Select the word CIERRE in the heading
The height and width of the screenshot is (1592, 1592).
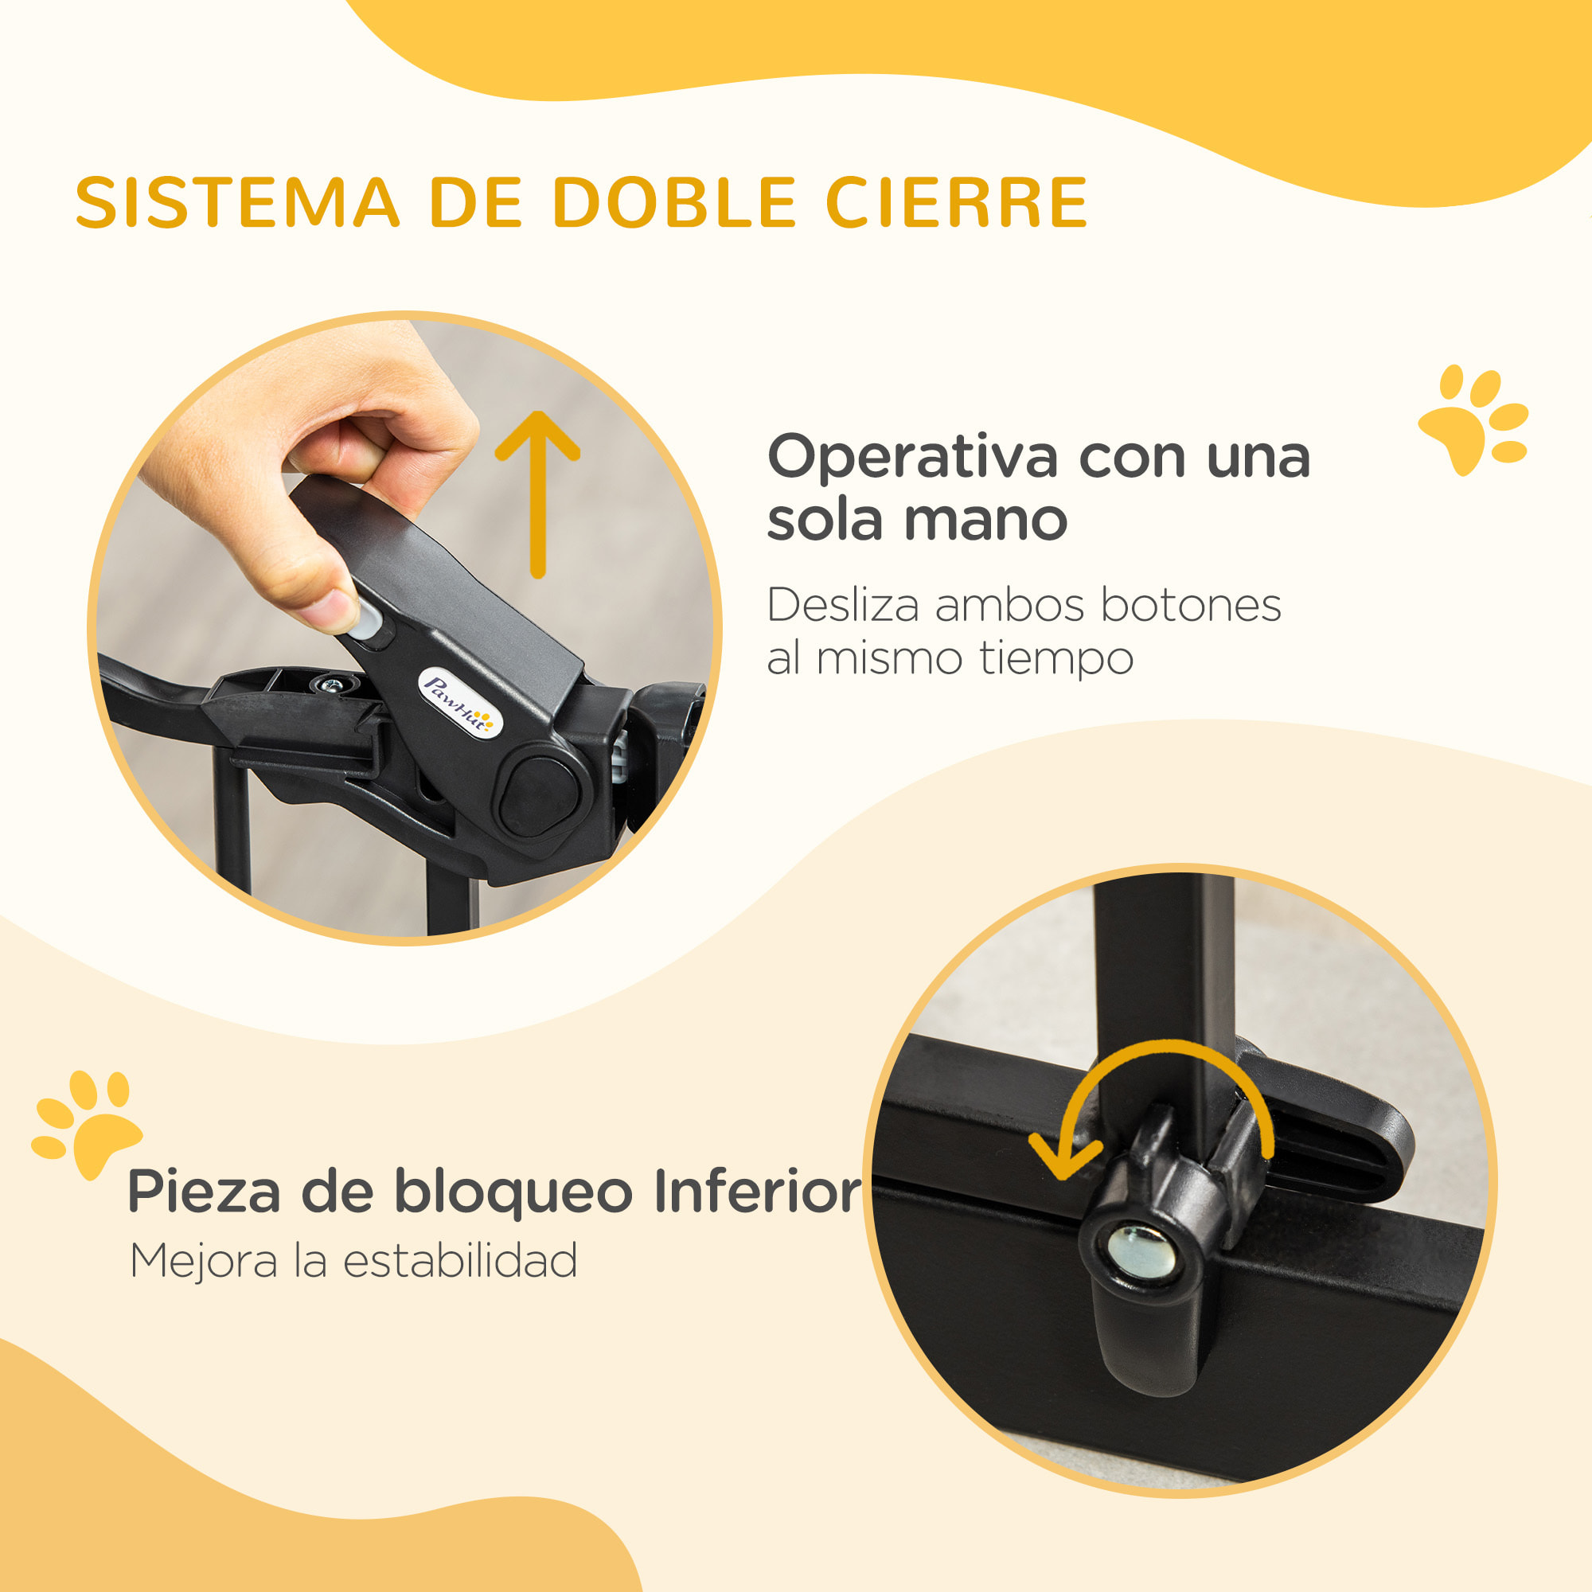(x=957, y=203)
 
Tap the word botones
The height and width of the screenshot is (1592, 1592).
(x=1191, y=606)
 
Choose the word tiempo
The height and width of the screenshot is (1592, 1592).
(x=1056, y=659)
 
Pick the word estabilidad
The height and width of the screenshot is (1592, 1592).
(x=460, y=1262)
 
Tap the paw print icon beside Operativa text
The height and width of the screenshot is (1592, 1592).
(x=1473, y=418)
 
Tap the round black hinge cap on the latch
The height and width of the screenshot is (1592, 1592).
(x=540, y=795)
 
